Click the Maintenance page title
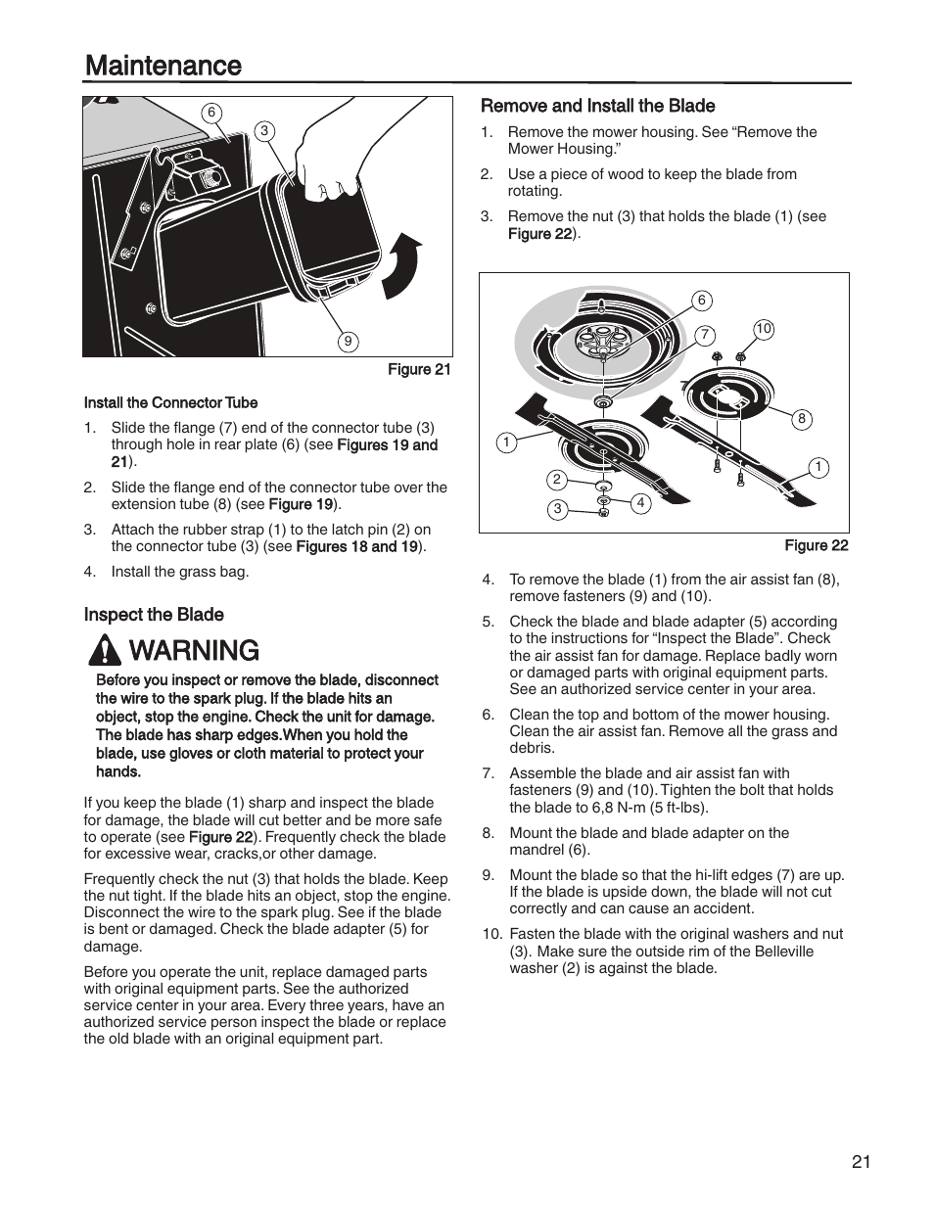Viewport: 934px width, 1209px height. point(163,66)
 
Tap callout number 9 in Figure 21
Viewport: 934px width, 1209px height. point(348,342)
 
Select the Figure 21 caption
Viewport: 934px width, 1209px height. point(419,370)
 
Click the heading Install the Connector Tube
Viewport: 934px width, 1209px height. point(170,402)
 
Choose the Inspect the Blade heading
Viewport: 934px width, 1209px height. point(154,615)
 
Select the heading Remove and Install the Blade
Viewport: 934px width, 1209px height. point(597,106)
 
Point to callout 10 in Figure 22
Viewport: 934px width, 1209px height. point(764,330)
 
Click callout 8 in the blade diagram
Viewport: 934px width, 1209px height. point(801,419)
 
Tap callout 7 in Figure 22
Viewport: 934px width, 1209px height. point(704,335)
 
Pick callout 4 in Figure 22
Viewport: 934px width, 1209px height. point(640,503)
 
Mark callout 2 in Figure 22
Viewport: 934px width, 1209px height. point(556,479)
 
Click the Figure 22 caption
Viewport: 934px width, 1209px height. point(816,546)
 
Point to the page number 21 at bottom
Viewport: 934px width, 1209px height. point(861,1162)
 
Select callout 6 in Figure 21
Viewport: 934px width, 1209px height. point(210,113)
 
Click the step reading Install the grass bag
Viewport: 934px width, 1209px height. point(179,572)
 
